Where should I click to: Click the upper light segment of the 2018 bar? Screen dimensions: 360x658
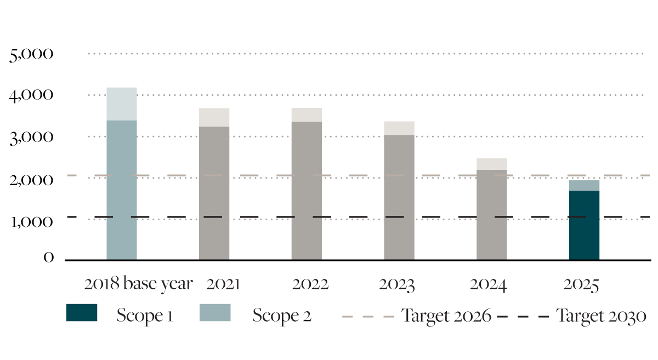(x=122, y=104)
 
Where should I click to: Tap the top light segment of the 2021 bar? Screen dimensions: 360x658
(x=214, y=117)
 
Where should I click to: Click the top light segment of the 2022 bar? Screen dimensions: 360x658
(x=307, y=115)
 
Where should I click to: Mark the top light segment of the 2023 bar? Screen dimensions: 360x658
(x=399, y=128)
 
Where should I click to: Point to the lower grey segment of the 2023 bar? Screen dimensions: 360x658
(x=399, y=197)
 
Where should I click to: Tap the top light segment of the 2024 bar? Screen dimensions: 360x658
(x=492, y=164)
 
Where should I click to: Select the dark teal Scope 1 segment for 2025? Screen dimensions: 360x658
(x=585, y=225)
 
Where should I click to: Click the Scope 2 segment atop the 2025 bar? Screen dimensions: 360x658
(x=585, y=186)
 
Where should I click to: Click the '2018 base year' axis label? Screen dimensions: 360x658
(x=138, y=284)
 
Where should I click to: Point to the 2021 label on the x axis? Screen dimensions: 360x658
(x=223, y=284)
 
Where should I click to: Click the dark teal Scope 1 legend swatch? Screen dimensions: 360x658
(x=82, y=313)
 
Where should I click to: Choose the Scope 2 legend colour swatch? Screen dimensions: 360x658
(x=215, y=313)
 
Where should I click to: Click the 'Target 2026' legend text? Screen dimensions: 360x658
(x=446, y=316)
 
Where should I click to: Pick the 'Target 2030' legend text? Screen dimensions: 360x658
(x=601, y=316)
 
